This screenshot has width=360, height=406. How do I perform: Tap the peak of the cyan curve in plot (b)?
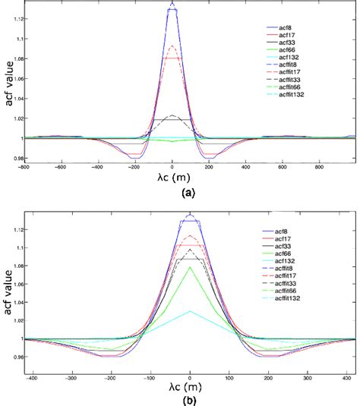191,311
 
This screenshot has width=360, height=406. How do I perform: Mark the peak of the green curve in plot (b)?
191,267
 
